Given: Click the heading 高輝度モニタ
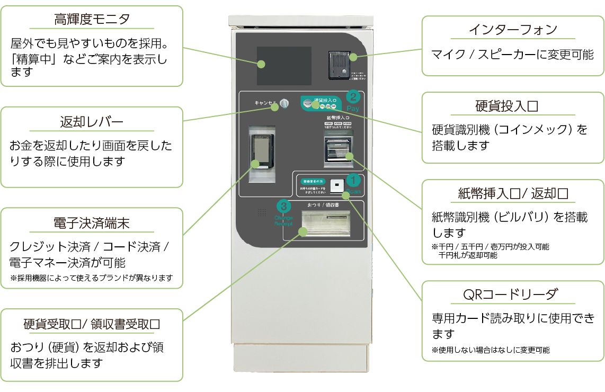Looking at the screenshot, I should point(92,20).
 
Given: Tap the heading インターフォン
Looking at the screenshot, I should point(512,30).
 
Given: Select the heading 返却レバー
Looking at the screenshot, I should point(92,122).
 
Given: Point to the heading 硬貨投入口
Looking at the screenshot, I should point(512,106).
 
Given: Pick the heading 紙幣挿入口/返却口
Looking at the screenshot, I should point(512,193).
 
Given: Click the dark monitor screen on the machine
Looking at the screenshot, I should point(284,66).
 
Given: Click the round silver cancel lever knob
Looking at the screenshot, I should point(284,103).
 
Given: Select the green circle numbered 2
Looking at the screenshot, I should point(353,96).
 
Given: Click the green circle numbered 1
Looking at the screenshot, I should point(353,181).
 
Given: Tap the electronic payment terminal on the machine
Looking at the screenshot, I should point(262,149).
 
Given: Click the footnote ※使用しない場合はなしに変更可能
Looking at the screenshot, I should point(491,350).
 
